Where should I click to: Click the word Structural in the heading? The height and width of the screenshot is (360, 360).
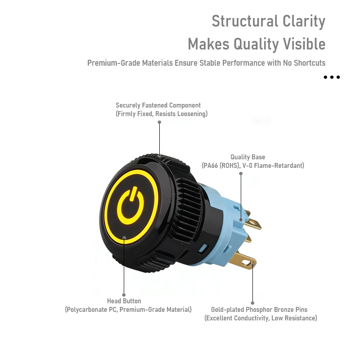(x=245, y=21)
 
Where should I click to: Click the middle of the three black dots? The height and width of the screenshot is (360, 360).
(x=332, y=77)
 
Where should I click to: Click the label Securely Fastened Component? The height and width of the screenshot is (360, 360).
(x=158, y=105)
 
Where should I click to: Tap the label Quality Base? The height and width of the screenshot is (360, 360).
(x=247, y=157)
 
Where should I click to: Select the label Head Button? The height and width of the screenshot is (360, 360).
(x=124, y=301)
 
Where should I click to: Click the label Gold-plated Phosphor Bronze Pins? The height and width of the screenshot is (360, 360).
(x=259, y=310)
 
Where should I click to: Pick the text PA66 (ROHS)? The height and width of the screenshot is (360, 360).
(x=221, y=166)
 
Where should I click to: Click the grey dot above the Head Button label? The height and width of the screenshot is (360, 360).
(x=124, y=295)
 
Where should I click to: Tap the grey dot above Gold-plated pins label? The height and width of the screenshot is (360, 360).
(x=252, y=303)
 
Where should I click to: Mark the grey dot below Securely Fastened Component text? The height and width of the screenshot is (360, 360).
(x=159, y=122)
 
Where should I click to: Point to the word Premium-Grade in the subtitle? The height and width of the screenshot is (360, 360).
(x=113, y=63)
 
